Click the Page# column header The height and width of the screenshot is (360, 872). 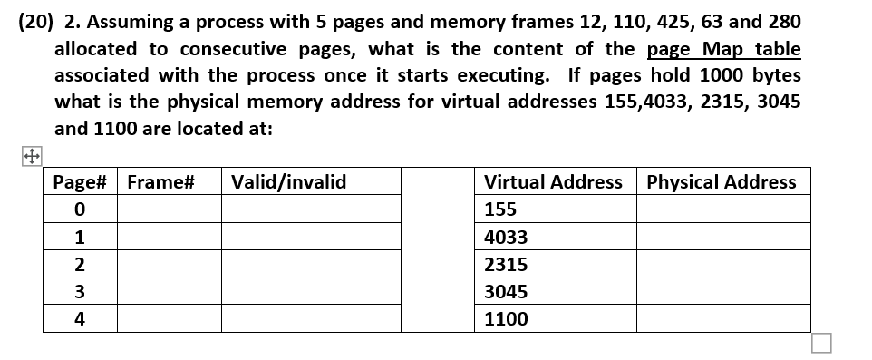click(81, 182)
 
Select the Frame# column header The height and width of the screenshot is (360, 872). click(161, 182)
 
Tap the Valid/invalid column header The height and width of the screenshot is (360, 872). click(289, 182)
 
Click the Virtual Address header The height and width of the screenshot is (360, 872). click(553, 182)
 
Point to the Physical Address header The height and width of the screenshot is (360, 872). click(722, 182)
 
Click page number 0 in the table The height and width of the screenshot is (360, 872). click(81, 210)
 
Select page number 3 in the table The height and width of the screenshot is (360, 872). click(81, 292)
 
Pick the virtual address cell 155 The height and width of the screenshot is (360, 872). click(500, 210)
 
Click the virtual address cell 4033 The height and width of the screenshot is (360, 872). click(506, 238)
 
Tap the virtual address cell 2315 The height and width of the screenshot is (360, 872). click(506, 265)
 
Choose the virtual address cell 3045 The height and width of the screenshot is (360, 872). click(506, 292)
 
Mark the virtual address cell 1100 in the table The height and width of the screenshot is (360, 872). click(506, 319)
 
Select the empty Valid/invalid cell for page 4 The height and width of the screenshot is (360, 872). click(311, 319)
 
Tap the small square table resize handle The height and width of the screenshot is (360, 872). click(821, 343)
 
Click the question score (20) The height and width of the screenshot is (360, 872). click(35, 22)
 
